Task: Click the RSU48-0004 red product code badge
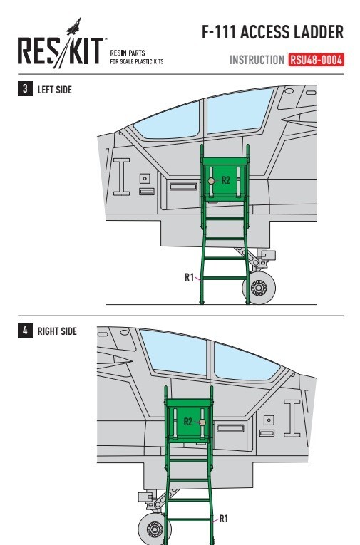316,60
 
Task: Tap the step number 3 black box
25,89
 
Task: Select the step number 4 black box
25,330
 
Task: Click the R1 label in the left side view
189,277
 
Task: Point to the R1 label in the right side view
223,519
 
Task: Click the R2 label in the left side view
226,180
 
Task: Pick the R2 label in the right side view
187,422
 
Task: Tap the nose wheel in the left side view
259,288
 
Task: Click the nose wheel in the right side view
155,529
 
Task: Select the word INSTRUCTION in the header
257,60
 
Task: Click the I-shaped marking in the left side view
121,177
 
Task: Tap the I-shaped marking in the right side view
292,418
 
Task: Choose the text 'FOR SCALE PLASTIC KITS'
137,61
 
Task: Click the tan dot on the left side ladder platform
211,181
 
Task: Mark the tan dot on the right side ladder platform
202,422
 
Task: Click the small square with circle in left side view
145,179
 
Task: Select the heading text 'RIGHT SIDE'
57,331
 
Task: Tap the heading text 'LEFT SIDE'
55,90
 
